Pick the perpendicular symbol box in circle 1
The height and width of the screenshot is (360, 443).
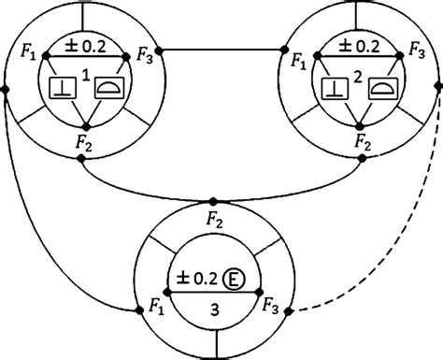tap(60, 90)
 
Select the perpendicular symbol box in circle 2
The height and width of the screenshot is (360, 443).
tap(333, 90)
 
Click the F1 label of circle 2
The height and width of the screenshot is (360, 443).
tap(298, 65)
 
